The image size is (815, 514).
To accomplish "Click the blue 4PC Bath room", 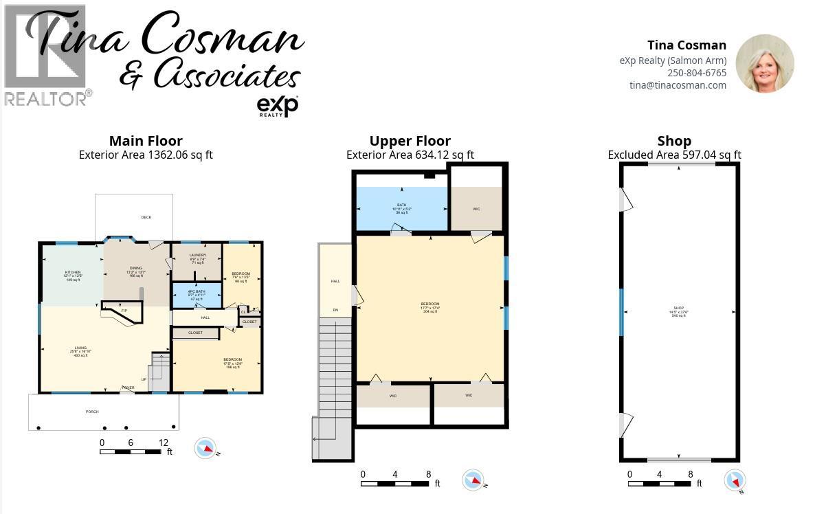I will (x=197, y=295).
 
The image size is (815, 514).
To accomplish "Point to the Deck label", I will (x=146, y=217).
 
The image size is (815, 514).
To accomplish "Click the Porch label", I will (x=92, y=412).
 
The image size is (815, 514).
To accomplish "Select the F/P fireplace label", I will (x=124, y=311).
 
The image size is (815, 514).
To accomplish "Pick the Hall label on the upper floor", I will (x=335, y=281).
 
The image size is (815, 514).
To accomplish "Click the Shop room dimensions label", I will (x=678, y=312).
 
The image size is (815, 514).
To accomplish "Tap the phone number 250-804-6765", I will (x=696, y=73).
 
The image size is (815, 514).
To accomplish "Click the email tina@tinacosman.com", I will (x=678, y=85).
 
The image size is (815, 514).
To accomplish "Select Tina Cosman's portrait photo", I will (x=764, y=63).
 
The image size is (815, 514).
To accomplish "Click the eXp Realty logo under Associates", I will (x=277, y=106).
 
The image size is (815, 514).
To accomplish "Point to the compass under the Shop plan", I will (x=735, y=480).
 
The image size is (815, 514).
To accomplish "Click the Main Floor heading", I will (x=146, y=141).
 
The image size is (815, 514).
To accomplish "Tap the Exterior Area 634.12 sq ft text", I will (x=410, y=155).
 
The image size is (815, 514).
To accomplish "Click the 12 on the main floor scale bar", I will (x=163, y=443).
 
